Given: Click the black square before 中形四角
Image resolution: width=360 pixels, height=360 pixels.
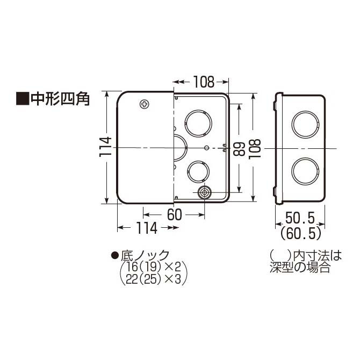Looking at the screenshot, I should [22, 99].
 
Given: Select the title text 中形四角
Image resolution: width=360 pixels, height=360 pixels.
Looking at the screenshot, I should [59, 99].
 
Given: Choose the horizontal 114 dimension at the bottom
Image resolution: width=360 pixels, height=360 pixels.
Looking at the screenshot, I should [147, 228].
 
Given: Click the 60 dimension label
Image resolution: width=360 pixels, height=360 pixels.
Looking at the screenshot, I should [174, 214].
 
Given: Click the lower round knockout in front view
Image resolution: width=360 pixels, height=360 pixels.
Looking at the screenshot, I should [198, 171].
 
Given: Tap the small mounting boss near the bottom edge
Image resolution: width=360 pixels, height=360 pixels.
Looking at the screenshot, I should [204, 192].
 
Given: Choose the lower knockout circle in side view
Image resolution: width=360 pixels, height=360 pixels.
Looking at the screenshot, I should [305, 171].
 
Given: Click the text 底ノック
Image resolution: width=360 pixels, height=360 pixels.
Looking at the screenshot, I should [143, 255].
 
